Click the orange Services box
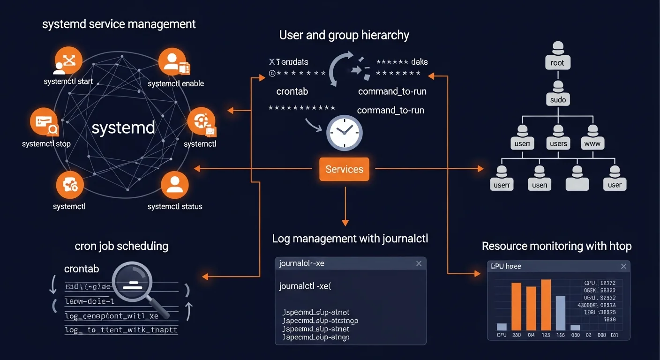point(344,169)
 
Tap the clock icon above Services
point(345,133)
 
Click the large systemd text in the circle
point(123,128)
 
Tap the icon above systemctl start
point(68,61)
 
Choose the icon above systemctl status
point(174,185)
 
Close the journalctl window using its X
point(419,264)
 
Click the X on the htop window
point(623,266)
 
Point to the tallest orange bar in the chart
point(546,305)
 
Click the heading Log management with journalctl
point(350,239)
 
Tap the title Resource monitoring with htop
point(556,246)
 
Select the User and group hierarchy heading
point(344,35)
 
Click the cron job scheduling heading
point(121,246)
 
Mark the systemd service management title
point(119,24)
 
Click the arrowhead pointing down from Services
point(345,222)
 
